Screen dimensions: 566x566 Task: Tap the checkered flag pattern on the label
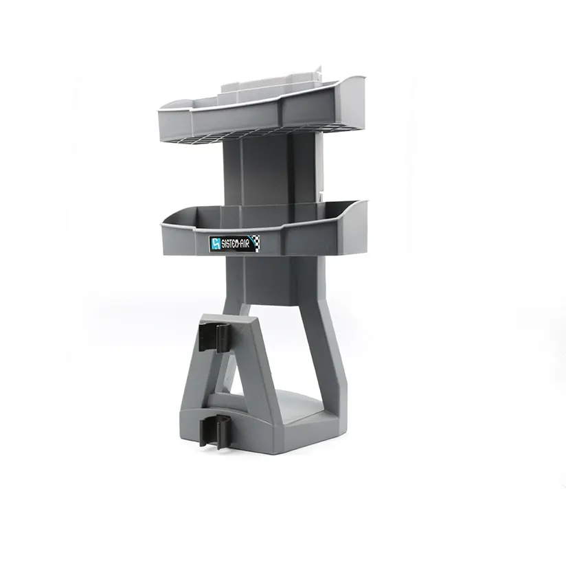(x=256, y=241)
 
